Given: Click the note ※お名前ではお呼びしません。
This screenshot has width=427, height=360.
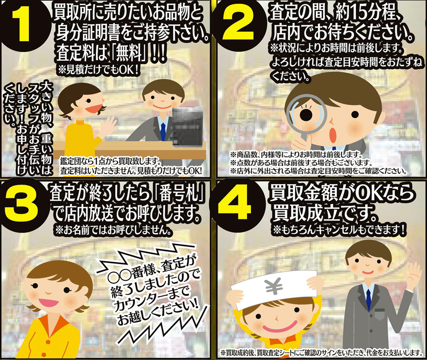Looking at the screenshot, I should click(113, 231).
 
